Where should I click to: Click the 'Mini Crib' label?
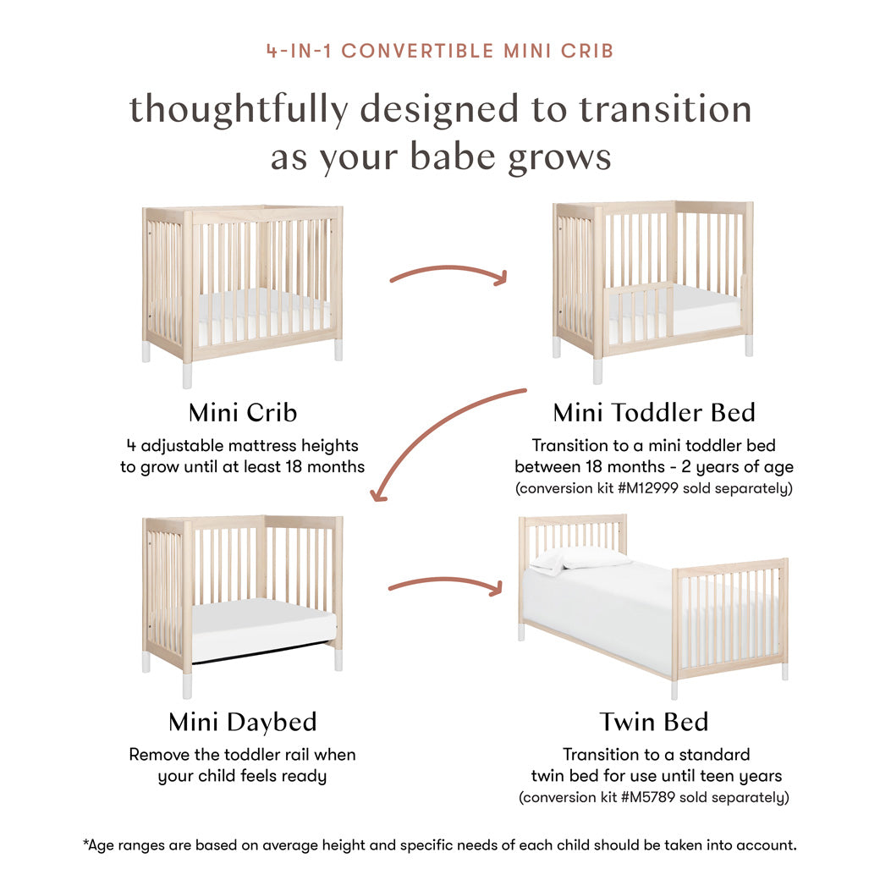pos(243,413)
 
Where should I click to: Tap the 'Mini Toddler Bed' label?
pos(653,413)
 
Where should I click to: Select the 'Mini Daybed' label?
pos(243,722)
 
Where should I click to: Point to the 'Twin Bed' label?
pos(653,722)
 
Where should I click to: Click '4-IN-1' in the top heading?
pos(299,51)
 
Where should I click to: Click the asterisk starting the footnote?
pos(85,843)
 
